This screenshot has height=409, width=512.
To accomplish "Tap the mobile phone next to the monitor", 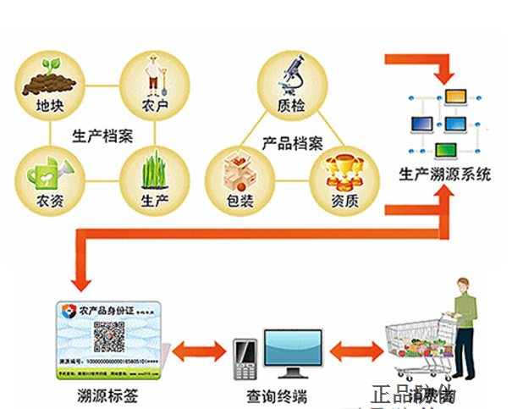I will (x=244, y=359).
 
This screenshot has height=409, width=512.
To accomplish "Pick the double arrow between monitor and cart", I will (x=355, y=348).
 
